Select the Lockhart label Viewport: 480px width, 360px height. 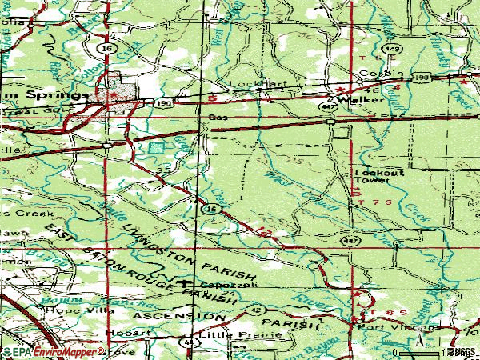pos(246,83)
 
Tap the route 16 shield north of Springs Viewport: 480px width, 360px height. pos(106,49)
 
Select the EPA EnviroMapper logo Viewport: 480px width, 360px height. pos(48,352)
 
